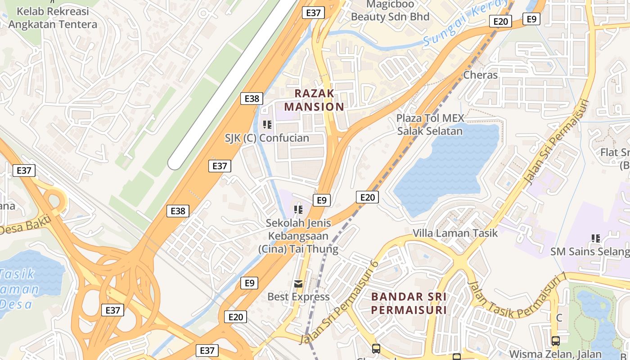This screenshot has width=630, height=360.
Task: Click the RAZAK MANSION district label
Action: click(314, 100)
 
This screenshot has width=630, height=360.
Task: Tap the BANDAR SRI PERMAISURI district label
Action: click(409, 303)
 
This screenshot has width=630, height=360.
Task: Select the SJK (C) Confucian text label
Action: click(267, 138)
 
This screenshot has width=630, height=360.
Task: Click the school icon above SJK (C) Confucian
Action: click(267, 124)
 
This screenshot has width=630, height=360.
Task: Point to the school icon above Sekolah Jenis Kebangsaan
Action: click(297, 209)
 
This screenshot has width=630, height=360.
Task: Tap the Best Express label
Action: click(298, 297)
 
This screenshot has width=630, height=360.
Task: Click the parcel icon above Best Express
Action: click(298, 283)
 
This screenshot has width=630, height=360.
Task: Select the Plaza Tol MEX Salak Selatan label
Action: click(429, 125)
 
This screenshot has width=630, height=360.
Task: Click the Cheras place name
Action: click(480, 75)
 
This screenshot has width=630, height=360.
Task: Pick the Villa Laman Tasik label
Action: click(455, 233)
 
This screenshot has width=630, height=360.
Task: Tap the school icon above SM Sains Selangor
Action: click(596, 238)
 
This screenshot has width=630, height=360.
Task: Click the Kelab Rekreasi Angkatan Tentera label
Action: click(53, 18)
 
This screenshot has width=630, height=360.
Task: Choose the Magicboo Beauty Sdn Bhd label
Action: click(390, 11)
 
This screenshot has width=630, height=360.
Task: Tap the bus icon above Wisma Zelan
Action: click(556, 341)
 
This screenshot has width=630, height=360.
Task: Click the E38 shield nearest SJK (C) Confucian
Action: click(251, 99)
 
